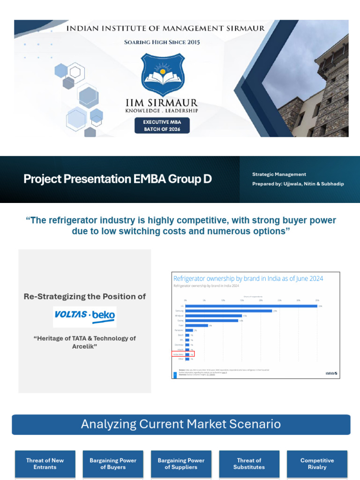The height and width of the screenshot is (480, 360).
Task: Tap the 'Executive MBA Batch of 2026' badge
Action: (162, 125)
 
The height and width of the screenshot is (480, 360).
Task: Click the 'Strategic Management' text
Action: (279, 174)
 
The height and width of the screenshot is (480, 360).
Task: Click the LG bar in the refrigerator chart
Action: (251, 306)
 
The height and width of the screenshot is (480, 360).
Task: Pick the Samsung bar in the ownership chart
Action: (229, 311)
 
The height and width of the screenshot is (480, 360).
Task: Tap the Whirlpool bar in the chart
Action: (214, 316)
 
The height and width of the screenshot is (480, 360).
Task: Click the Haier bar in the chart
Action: (196, 325)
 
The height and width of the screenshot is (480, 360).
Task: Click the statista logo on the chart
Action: (331, 373)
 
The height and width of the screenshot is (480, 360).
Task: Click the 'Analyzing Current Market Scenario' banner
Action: (181, 424)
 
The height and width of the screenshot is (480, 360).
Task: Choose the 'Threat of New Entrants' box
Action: (45, 464)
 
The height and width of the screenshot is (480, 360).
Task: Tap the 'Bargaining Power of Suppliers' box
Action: (181, 464)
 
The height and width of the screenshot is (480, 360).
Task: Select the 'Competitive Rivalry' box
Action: (317, 464)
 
